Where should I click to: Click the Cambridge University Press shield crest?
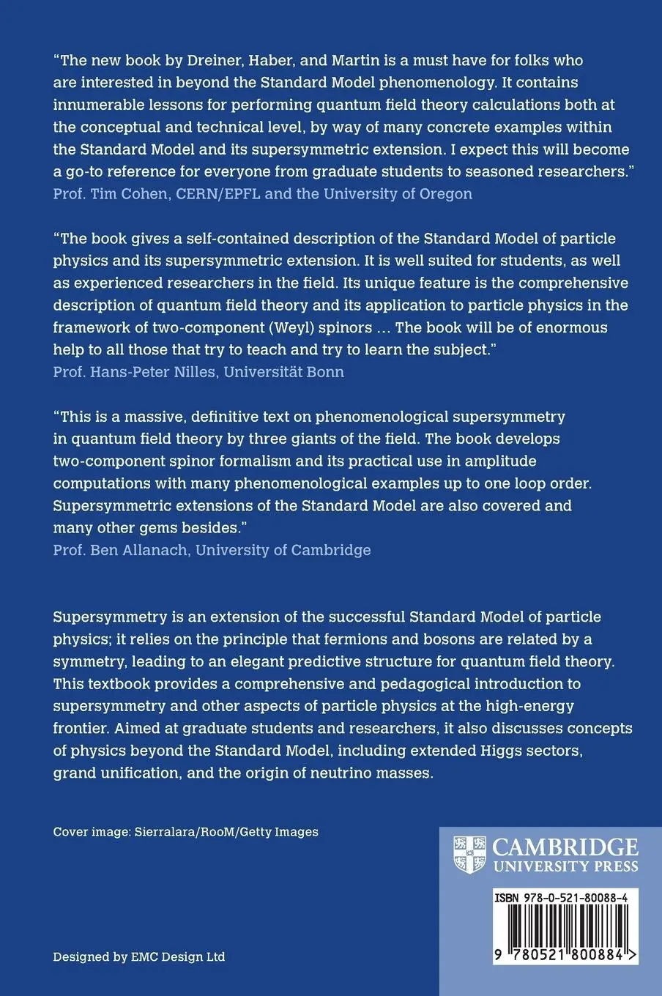coord(470,854)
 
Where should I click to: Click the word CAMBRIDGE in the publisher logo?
coord(565,847)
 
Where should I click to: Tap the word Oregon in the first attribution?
coord(445,193)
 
